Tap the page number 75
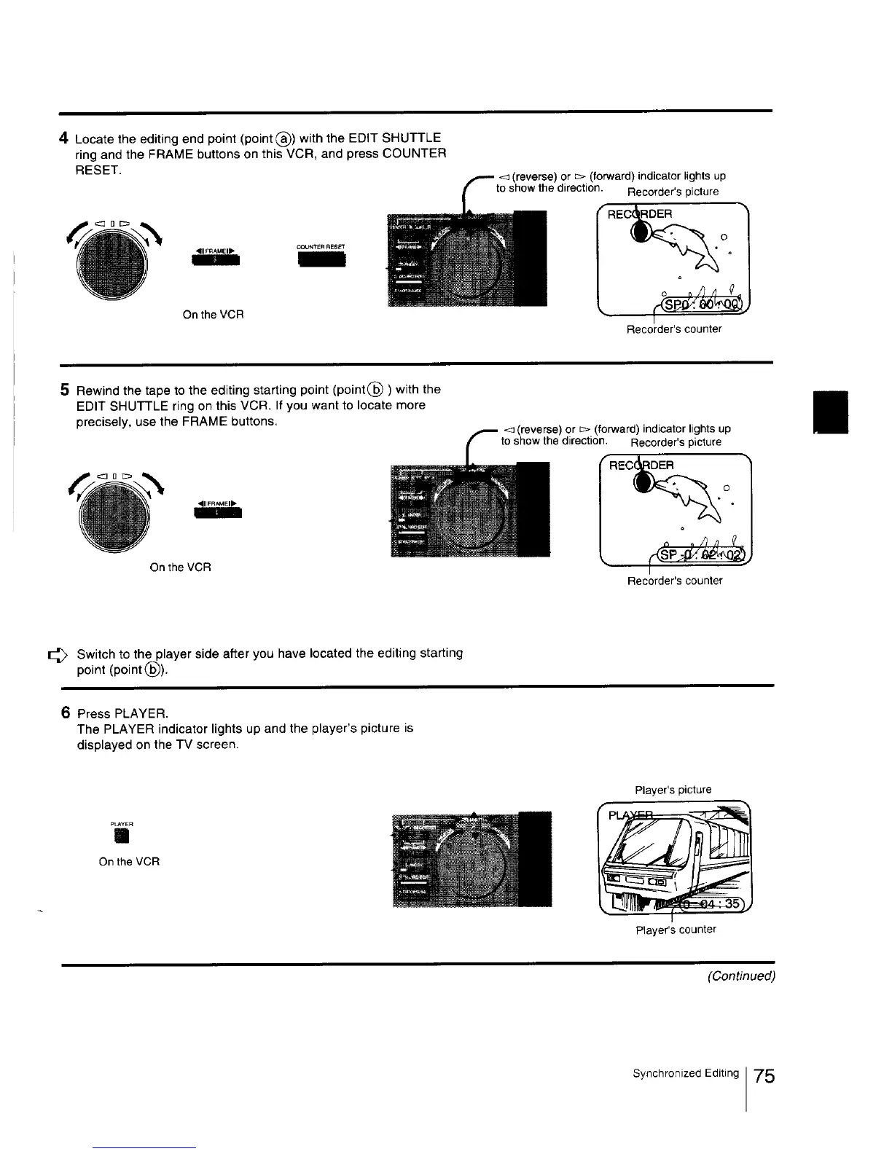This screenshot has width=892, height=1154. tap(764, 1076)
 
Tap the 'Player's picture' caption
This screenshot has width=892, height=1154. tap(673, 790)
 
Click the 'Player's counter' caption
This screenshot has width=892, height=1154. tap(676, 930)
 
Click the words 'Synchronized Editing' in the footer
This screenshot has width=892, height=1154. tap(685, 1073)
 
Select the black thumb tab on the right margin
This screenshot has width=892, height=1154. tap(832, 412)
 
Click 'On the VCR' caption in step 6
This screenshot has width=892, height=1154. tap(129, 862)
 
